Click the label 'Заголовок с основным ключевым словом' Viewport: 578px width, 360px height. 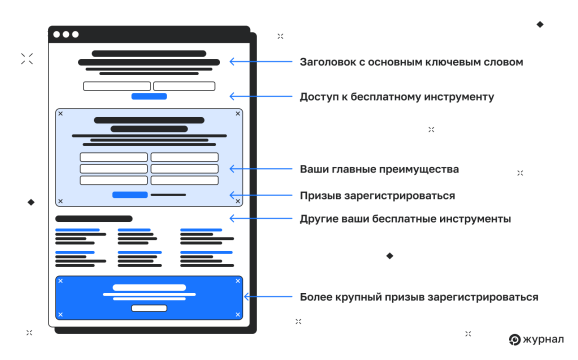point(411,62)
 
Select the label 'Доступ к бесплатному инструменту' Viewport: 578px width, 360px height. point(397,97)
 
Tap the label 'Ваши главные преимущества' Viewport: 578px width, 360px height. point(379,168)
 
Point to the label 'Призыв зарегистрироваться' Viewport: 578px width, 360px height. point(377,195)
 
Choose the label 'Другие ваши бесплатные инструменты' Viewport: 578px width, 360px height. point(406,218)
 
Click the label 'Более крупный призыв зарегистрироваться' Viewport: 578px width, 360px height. point(419,297)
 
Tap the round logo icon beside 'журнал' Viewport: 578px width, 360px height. point(514,340)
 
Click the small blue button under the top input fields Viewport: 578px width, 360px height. point(149,97)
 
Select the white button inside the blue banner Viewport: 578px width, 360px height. point(149,308)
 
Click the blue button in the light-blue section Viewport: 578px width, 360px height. point(130,194)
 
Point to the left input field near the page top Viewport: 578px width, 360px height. point(116,86)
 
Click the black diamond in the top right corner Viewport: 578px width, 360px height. point(540,24)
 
